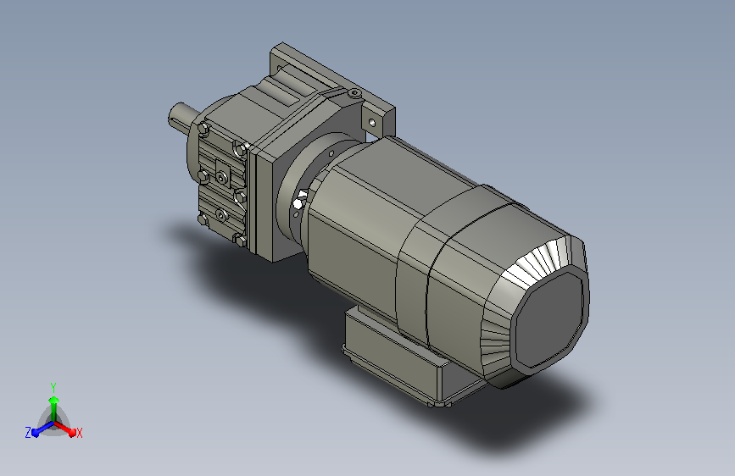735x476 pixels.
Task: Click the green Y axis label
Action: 53,387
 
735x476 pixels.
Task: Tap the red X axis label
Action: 79,434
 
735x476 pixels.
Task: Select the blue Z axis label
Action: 28,433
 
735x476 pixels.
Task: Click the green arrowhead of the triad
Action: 54,400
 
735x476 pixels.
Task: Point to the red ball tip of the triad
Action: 72,432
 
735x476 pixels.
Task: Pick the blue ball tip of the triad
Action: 36,433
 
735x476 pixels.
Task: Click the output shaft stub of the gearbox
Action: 181,116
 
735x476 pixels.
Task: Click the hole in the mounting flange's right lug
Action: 372,123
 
